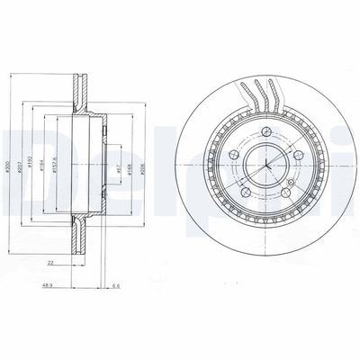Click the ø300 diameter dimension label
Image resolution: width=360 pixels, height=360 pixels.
pos(7,167)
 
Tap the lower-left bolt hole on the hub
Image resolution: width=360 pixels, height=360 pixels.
pos(246,193)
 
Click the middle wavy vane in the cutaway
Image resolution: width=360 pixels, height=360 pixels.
pos(261,94)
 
